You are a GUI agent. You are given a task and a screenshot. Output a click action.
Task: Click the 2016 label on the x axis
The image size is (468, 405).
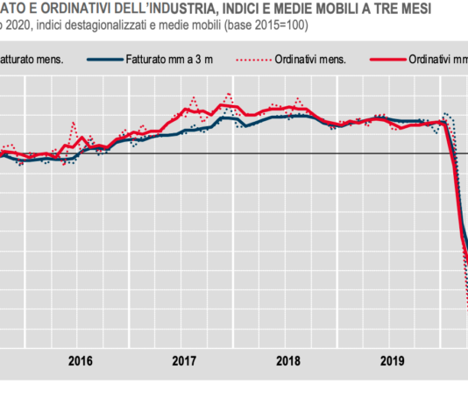point(80,361)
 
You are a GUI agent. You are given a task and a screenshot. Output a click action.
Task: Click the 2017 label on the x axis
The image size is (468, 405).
point(184,361)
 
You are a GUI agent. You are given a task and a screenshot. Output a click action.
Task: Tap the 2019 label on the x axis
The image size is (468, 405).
point(392,361)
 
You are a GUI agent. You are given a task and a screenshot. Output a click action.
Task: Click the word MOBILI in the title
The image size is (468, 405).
point(338,9)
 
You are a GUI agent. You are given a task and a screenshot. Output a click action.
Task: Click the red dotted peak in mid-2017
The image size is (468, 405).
point(229,93)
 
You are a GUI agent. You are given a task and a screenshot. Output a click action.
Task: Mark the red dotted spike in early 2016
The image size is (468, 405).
point(73,124)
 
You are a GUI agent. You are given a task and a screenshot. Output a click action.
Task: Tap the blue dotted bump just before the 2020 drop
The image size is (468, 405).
point(448,114)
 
